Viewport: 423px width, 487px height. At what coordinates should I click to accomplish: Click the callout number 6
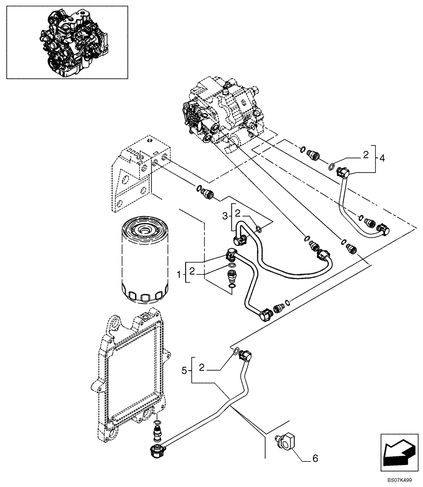(x=315, y=458)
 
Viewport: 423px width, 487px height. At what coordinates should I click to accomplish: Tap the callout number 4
(x=383, y=158)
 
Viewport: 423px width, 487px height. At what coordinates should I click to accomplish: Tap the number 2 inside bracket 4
(x=365, y=155)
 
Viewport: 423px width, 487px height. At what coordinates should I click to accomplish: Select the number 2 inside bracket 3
(x=237, y=213)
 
